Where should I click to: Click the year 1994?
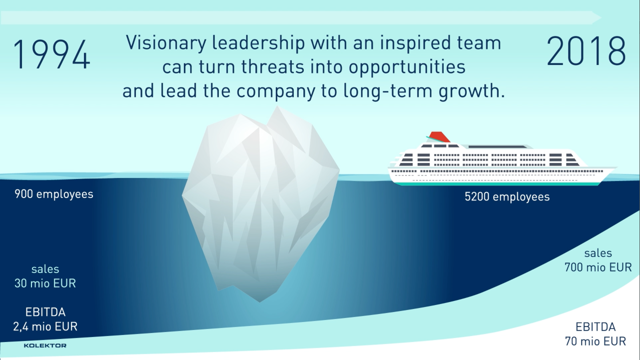click(51, 54)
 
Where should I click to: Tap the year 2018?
click(586, 51)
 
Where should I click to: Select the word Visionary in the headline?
click(166, 43)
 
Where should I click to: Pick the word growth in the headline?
click(472, 91)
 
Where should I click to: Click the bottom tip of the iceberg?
click(259, 301)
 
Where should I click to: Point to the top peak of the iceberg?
click(277, 106)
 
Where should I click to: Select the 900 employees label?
click(54, 194)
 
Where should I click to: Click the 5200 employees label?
click(507, 196)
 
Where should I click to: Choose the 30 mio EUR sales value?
click(45, 283)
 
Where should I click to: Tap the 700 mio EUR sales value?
click(598, 267)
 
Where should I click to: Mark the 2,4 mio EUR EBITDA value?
click(45, 326)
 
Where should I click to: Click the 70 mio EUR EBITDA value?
click(596, 341)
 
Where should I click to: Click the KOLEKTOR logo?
click(45, 345)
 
